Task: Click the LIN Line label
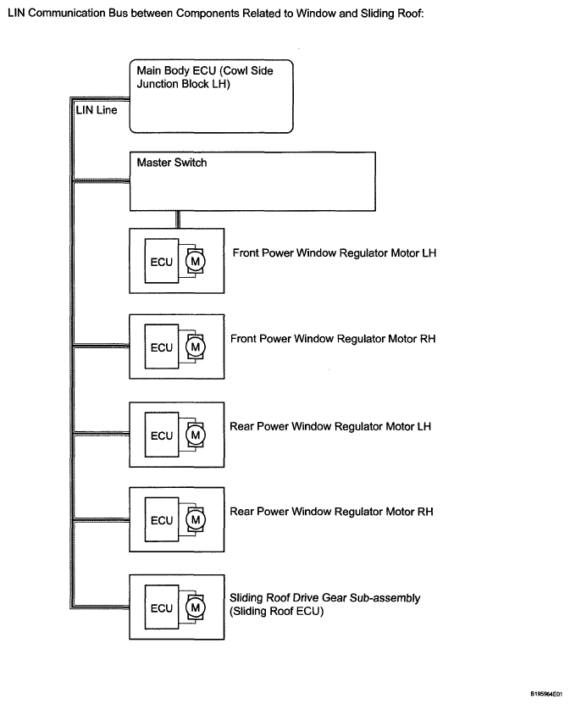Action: [x=97, y=110]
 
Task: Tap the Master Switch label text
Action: [x=172, y=163]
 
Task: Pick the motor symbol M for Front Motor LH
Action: [x=196, y=261]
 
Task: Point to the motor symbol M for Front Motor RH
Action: [x=196, y=346]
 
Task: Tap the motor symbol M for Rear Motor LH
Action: [x=196, y=435]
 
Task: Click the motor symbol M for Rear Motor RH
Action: [x=196, y=519]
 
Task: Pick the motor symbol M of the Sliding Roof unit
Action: [x=196, y=607]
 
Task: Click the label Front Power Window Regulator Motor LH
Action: [x=335, y=253]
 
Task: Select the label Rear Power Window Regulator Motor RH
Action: [x=331, y=512]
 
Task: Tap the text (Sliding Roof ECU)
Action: [x=276, y=612]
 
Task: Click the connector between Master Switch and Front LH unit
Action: [x=178, y=219]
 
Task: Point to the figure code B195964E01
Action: [x=546, y=694]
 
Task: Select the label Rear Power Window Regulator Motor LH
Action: [x=330, y=426]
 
